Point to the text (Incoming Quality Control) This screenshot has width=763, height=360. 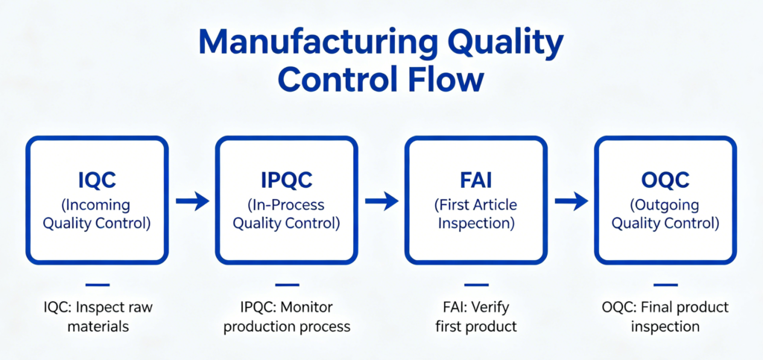point(97,213)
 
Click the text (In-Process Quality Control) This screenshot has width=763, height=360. point(286,213)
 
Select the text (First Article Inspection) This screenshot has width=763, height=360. point(477,213)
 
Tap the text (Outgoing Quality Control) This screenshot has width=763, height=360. point(666,213)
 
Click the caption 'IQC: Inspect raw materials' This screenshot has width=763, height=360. point(97,317)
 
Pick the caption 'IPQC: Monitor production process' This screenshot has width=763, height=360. point(287,317)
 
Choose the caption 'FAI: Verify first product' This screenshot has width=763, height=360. point(477,317)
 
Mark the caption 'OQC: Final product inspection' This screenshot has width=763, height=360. point(666,317)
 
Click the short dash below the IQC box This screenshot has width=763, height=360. point(97,285)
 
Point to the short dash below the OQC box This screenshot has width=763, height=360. point(666,285)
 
